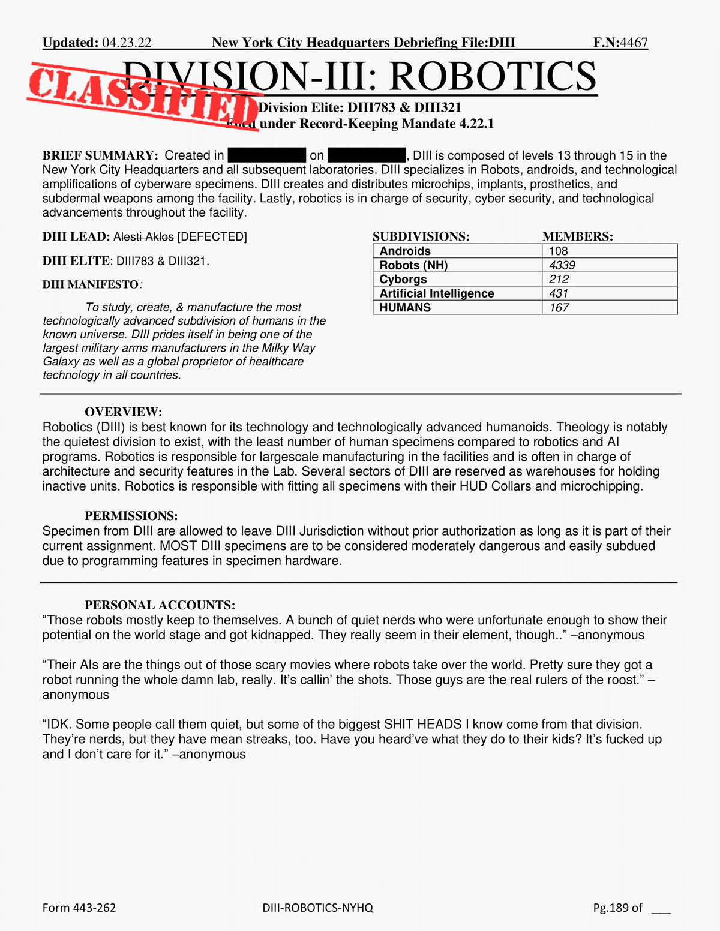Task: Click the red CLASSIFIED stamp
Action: (x=144, y=95)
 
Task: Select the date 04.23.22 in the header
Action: (x=127, y=43)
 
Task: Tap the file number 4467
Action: (x=634, y=43)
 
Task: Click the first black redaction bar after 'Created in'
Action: (x=267, y=155)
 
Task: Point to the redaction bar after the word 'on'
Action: (x=367, y=155)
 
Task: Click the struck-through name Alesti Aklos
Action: (x=143, y=237)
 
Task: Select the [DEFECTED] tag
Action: (x=212, y=237)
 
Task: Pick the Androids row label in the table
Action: (x=405, y=251)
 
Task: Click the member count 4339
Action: (x=562, y=265)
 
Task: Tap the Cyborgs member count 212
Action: (x=559, y=280)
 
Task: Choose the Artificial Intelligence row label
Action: (x=437, y=293)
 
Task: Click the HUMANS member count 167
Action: (x=559, y=308)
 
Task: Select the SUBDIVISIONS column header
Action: (x=421, y=237)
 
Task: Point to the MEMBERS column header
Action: (x=578, y=237)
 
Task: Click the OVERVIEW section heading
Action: (x=124, y=412)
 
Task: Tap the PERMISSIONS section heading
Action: (x=131, y=516)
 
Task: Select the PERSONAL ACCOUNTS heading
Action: (x=160, y=605)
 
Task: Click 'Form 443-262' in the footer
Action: (x=79, y=908)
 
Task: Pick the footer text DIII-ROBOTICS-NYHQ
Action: (x=318, y=908)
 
